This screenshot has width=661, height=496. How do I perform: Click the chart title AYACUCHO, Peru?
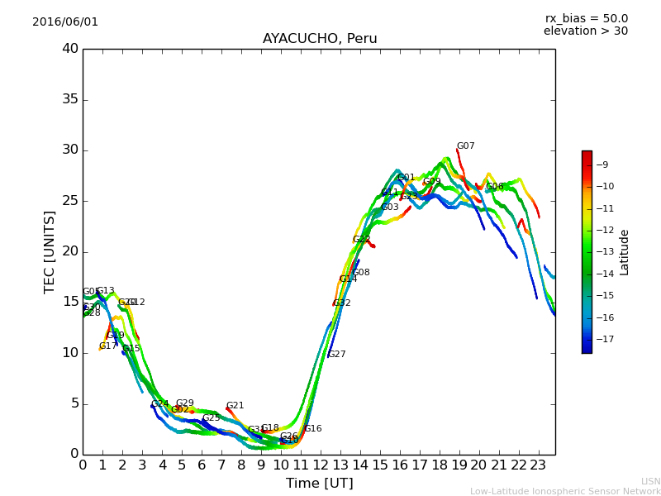[320, 39]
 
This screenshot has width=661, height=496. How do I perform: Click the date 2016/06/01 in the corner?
[65, 21]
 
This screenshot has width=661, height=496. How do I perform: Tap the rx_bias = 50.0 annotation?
[587, 18]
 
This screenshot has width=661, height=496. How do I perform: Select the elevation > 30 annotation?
[586, 31]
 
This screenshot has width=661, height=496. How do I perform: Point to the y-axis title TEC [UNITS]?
[50, 251]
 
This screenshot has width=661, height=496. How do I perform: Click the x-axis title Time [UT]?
[319, 483]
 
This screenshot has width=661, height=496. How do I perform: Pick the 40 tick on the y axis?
[70, 49]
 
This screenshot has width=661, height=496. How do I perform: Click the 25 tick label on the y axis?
[70, 201]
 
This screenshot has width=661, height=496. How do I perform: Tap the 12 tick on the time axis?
[320, 465]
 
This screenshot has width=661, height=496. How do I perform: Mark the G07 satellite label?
[466, 146]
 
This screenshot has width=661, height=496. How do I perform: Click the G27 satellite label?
[336, 354]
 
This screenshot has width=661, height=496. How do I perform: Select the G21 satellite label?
[235, 406]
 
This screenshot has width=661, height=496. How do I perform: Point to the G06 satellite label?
[495, 187]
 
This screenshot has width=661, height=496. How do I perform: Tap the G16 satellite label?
[313, 429]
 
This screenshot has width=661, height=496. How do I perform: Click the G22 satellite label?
[361, 240]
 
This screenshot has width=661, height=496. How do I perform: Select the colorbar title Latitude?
[625, 251]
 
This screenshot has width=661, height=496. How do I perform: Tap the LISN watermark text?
[650, 481]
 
